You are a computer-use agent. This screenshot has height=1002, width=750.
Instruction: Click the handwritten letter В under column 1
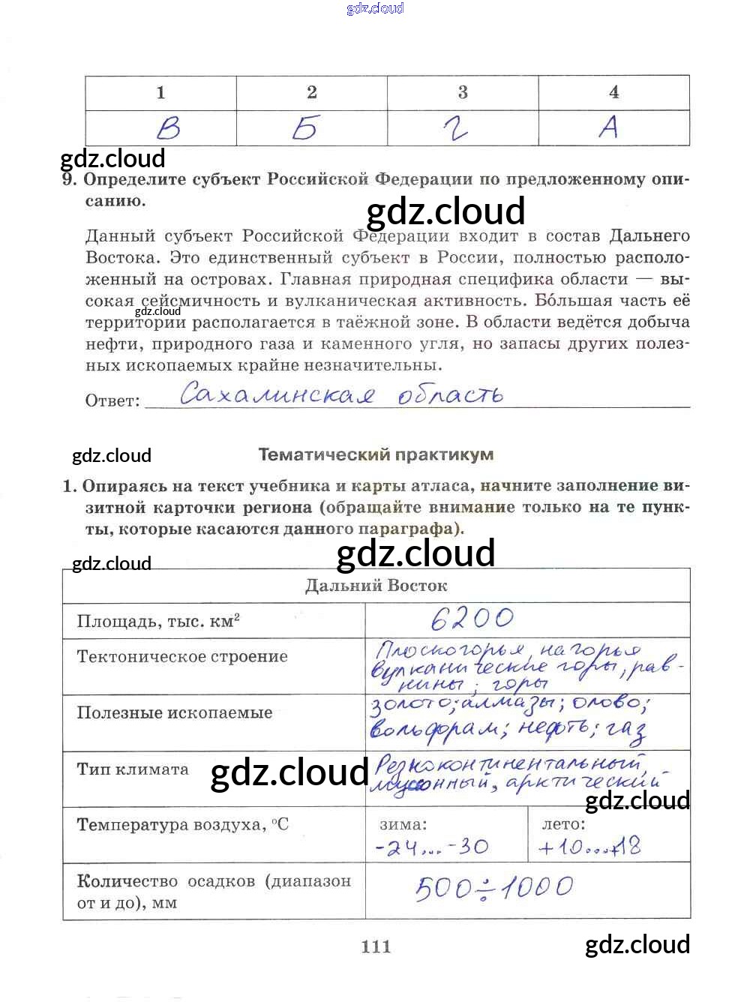[168, 128]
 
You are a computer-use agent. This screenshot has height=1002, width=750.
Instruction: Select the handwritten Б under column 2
[304, 128]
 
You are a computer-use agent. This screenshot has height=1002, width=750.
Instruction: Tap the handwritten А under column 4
[609, 127]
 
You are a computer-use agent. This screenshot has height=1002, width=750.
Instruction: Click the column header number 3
[463, 92]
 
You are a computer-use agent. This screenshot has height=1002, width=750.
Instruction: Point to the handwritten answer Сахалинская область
[341, 393]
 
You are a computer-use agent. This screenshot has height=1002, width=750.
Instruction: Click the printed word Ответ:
[112, 400]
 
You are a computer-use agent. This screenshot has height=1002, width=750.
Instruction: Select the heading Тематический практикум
[376, 454]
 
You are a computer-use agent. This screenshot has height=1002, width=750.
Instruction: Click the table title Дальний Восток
[376, 586]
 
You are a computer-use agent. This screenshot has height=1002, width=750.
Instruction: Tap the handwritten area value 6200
[472, 618]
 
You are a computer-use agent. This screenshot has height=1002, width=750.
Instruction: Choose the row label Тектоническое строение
[182, 657]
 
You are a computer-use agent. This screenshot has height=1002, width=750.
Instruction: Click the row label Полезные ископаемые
[175, 712]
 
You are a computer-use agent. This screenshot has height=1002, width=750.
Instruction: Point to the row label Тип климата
[133, 769]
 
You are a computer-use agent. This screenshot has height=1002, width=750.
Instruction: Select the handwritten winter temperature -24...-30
[432, 847]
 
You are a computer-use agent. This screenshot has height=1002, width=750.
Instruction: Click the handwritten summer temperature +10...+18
[589, 847]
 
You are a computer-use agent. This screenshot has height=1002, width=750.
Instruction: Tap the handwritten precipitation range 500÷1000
[494, 888]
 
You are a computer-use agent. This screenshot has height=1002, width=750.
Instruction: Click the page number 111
[376, 946]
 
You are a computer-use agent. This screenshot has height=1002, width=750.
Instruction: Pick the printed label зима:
[403, 824]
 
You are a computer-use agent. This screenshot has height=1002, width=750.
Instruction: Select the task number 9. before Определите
[69, 179]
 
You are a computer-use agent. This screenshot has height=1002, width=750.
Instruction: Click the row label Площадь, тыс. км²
[158, 621]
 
